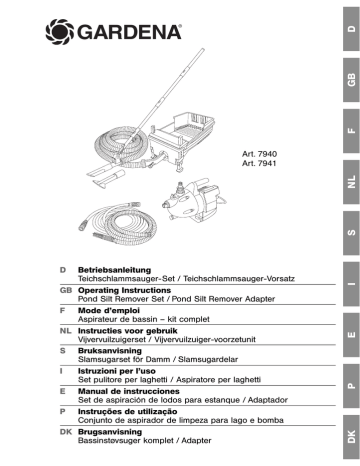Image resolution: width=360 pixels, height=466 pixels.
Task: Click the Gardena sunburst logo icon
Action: pyautogui.click(x=59, y=32)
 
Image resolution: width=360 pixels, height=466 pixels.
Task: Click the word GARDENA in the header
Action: pyautogui.click(x=129, y=32)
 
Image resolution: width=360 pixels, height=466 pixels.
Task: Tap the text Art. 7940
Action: pyautogui.click(x=259, y=154)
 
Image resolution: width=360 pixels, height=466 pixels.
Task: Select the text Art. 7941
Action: pyautogui.click(x=259, y=163)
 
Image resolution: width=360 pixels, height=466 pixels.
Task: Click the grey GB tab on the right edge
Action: pyautogui.click(x=351, y=80)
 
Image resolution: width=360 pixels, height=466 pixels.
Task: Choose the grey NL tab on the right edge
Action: pyautogui.click(x=351, y=182)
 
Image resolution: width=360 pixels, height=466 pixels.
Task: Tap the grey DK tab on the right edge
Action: pyautogui.click(x=351, y=437)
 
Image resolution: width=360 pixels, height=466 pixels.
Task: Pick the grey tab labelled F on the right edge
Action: pyautogui.click(x=351, y=131)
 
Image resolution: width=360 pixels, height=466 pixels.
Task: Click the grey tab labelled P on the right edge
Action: pyautogui.click(x=351, y=386)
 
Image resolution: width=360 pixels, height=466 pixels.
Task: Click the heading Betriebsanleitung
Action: pyautogui.click(x=114, y=270)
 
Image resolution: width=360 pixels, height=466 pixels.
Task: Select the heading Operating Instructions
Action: pyautogui.click(x=124, y=290)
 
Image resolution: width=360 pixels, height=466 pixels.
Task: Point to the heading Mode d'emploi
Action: pyautogui.click(x=109, y=311)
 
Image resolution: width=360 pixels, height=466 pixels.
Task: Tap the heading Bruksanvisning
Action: pyautogui.click(x=110, y=351)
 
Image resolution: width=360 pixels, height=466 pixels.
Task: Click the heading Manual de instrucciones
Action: pyautogui.click(x=129, y=391)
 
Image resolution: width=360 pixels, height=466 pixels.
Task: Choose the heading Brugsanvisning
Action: pyautogui.click(x=110, y=432)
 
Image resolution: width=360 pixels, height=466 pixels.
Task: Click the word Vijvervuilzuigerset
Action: pyautogui.click(x=112, y=340)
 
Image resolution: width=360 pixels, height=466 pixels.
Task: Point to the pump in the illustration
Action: pyautogui.click(x=194, y=200)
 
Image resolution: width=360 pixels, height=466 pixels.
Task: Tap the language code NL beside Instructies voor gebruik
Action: pyautogui.click(x=66, y=331)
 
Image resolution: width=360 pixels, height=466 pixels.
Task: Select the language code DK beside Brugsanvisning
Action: pyautogui.click(x=66, y=432)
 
